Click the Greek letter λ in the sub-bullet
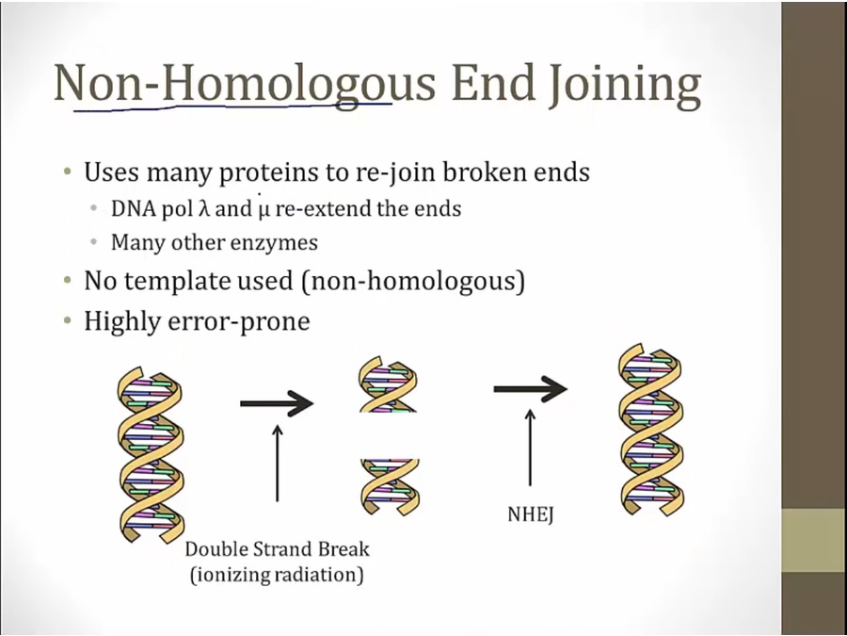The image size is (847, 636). pos(203,208)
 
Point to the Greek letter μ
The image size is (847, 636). pos(264,209)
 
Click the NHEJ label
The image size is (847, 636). pos(531,514)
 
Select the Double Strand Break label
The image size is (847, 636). pos(277,549)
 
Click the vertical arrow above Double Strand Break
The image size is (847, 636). pos(277,463)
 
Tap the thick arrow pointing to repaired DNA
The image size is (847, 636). pos(530,388)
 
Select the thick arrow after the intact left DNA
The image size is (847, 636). pos(277,403)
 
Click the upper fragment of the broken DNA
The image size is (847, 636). pos(388,384)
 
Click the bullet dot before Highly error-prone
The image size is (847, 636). pos(68,321)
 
